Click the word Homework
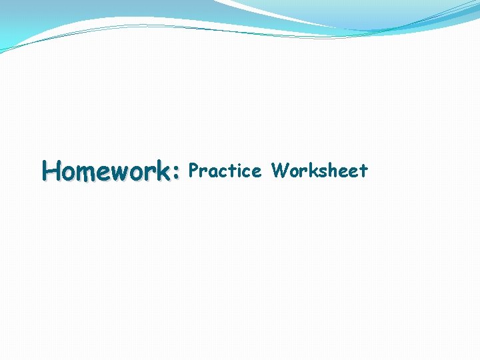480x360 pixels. [x=107, y=171]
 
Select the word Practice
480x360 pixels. [x=225, y=171]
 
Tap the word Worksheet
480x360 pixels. [x=319, y=171]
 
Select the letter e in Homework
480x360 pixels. [x=105, y=173]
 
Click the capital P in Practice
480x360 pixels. [x=194, y=171]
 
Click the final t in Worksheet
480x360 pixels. [x=363, y=171]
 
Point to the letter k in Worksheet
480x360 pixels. [x=314, y=171]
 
